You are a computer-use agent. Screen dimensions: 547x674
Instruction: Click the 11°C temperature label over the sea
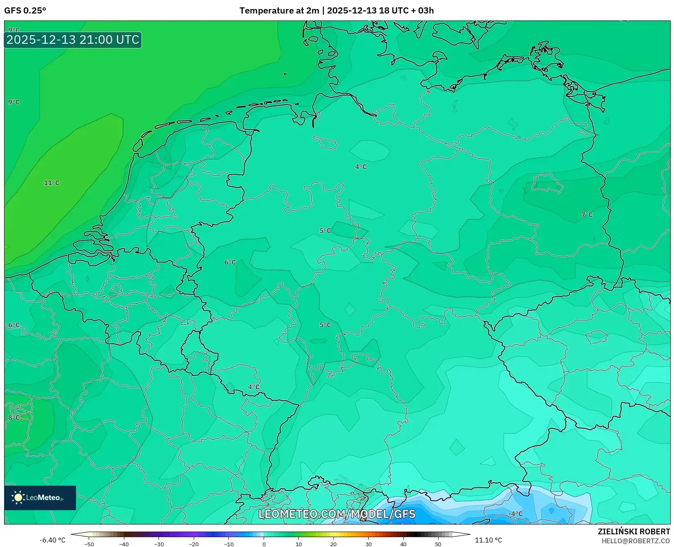tap(52, 183)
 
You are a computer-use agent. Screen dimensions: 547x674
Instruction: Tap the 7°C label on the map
tap(587, 215)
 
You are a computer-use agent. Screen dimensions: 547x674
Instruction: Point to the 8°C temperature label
tap(14, 417)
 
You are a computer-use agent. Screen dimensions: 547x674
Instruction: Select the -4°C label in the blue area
tap(515, 514)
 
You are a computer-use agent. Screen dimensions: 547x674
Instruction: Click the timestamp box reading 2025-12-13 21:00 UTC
tap(73, 40)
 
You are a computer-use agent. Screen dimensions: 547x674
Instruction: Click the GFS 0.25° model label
tap(25, 11)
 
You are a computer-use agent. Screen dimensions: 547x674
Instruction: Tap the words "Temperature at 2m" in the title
tap(279, 11)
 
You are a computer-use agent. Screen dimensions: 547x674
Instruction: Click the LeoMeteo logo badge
tap(40, 498)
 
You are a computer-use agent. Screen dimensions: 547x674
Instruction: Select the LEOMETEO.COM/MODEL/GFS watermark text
tap(337, 514)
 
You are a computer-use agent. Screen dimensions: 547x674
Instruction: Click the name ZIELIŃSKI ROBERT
tap(634, 532)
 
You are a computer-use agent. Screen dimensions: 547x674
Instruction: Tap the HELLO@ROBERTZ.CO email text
tap(636, 541)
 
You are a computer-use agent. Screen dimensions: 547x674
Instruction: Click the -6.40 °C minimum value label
tap(52, 540)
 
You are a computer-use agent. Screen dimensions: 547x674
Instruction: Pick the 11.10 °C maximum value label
tap(488, 540)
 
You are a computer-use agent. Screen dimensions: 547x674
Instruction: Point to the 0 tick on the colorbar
tap(264, 544)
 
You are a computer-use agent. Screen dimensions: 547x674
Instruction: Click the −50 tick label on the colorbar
tap(89, 544)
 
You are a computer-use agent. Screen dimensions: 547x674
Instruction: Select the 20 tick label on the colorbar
tap(334, 544)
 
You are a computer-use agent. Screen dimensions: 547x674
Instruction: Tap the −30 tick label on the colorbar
tap(159, 544)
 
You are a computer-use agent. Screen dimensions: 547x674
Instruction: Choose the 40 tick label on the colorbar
tap(403, 544)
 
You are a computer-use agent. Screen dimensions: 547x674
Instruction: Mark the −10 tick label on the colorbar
tap(228, 544)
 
